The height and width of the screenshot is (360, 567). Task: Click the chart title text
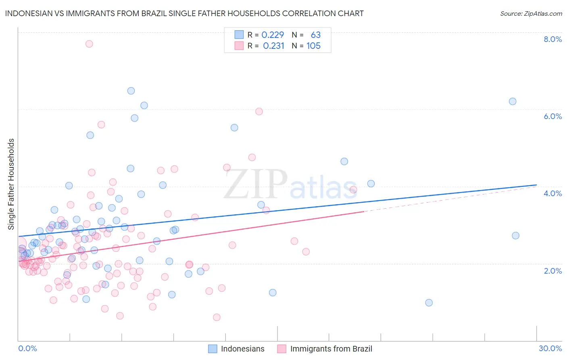(184, 13)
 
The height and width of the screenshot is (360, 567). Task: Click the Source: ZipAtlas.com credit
(531, 13)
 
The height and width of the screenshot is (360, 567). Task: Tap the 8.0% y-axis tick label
(552, 39)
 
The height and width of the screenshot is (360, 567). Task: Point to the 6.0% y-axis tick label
(552, 116)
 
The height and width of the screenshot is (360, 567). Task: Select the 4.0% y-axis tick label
(552, 193)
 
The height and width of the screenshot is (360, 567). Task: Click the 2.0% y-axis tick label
(552, 271)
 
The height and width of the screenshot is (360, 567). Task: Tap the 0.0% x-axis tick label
(27, 348)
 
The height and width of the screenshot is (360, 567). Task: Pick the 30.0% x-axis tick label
(550, 348)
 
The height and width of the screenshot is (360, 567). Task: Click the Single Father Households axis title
(11, 184)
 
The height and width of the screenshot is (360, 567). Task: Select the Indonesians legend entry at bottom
(236, 349)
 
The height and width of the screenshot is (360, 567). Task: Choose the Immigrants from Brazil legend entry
(325, 349)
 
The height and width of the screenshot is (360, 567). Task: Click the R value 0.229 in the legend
(273, 35)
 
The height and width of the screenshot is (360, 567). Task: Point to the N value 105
(313, 46)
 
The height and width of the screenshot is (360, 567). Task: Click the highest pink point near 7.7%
(89, 44)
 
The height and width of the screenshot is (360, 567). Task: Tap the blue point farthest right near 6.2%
(513, 101)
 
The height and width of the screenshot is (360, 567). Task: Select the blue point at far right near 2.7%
(515, 235)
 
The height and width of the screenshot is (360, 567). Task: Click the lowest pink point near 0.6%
(217, 317)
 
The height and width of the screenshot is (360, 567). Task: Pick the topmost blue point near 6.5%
(131, 91)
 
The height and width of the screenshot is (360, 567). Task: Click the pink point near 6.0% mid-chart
(259, 111)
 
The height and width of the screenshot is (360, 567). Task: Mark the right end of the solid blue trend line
(537, 185)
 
